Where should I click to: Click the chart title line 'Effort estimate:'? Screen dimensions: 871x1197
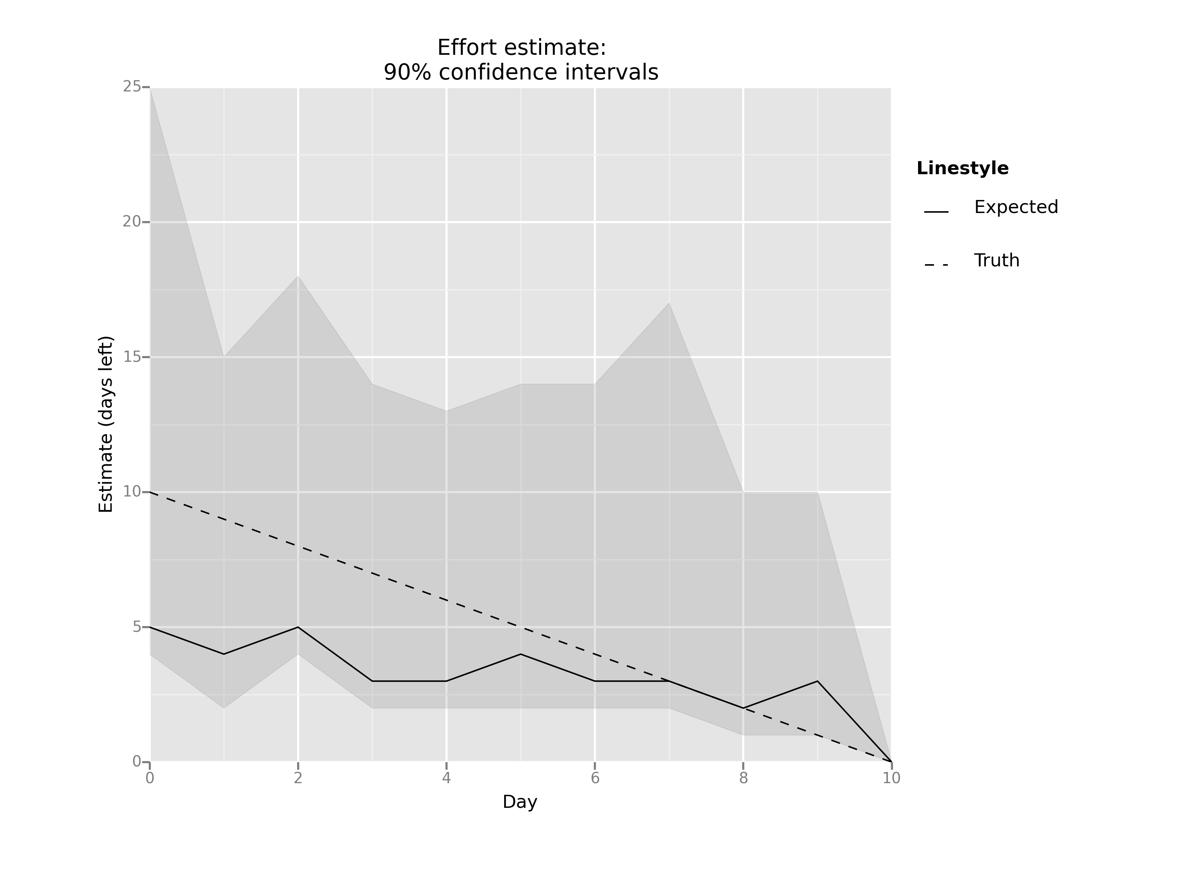(x=522, y=48)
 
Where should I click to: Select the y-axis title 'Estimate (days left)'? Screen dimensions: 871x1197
(x=106, y=424)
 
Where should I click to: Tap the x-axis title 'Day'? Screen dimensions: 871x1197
(x=520, y=802)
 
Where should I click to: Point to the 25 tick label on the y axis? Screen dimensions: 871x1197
(x=131, y=87)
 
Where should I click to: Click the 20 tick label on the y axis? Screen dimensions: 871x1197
(x=131, y=222)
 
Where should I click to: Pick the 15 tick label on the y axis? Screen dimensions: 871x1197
(x=131, y=357)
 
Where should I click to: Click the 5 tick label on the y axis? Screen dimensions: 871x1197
(x=137, y=627)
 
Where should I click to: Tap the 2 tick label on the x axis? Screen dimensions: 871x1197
(x=298, y=778)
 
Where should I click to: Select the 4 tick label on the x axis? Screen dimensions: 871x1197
(x=447, y=778)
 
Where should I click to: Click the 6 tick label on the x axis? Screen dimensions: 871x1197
(x=595, y=778)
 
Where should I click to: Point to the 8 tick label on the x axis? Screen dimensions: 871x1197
(x=743, y=778)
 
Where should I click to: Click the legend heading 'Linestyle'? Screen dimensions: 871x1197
(x=962, y=168)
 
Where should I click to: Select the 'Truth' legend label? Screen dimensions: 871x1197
(x=996, y=261)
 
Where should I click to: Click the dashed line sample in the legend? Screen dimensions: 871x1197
(x=936, y=265)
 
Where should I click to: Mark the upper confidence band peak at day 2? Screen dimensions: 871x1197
(x=298, y=276)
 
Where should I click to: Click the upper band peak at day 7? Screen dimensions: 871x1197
(x=669, y=303)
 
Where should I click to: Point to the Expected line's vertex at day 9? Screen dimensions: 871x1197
(x=818, y=682)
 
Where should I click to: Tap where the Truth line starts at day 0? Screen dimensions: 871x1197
(x=151, y=492)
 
